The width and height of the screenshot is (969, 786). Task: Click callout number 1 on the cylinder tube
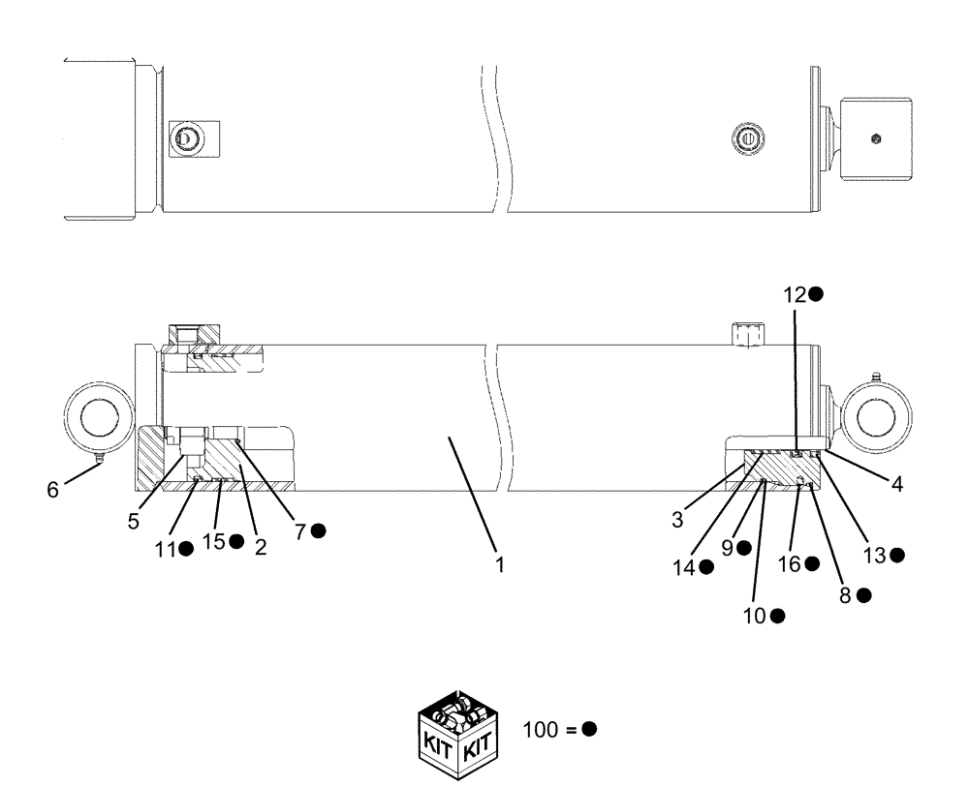[500, 564]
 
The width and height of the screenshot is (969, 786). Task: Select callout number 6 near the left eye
[52, 490]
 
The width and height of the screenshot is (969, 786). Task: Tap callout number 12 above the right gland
[795, 294]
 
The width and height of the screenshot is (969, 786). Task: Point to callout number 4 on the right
[897, 485]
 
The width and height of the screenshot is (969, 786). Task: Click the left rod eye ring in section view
[97, 418]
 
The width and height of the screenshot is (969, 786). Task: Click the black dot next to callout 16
[812, 563]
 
